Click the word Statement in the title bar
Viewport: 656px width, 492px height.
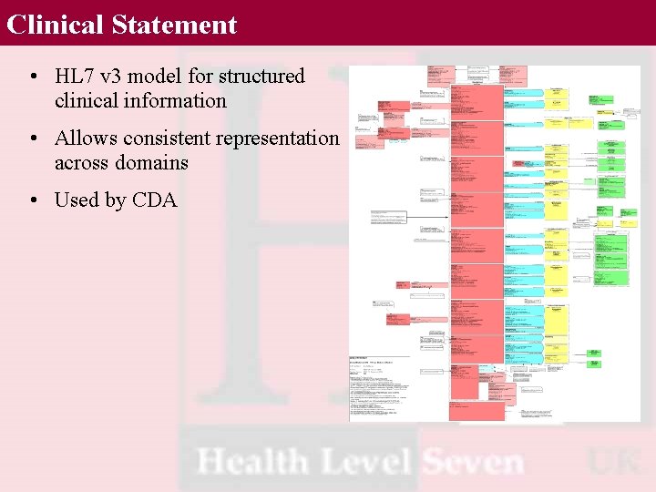[174, 25]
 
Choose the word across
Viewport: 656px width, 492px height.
[82, 163]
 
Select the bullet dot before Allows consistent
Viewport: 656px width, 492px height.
[32, 139]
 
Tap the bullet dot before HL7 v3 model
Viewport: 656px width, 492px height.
[32, 77]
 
